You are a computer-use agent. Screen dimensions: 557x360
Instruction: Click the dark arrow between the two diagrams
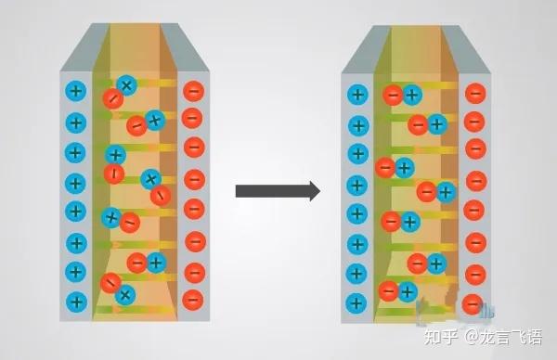pos(277,191)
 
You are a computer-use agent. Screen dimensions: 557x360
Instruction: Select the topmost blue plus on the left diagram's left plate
pos(76,91)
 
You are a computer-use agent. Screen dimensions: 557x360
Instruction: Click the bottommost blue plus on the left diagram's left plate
pos(76,302)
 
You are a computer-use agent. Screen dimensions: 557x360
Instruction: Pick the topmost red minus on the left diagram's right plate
pos(193,91)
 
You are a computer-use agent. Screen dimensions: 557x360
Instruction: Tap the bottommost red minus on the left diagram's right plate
pos(193,299)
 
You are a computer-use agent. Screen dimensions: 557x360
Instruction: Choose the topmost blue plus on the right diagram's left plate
pos(356,94)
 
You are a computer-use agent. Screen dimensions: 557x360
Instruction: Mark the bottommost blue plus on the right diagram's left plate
pos(356,303)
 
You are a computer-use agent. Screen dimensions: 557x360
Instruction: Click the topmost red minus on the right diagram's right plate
pos(475,94)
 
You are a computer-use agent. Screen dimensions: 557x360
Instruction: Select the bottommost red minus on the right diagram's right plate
pos(473,303)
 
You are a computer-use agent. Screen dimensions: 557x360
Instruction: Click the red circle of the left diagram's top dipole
pos(112,97)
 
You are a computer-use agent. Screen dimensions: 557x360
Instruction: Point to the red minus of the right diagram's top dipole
pos(393,95)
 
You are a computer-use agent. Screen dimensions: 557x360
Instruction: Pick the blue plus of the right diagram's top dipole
pos(412,95)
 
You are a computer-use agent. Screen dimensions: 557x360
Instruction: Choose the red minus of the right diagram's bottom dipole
pos(387,291)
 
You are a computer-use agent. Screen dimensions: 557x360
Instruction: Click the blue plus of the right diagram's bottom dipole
pos(407,291)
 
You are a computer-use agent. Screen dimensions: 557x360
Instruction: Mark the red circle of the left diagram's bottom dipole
pos(110,283)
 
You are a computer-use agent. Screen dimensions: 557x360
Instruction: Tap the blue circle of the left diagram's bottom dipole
pos(125,295)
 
